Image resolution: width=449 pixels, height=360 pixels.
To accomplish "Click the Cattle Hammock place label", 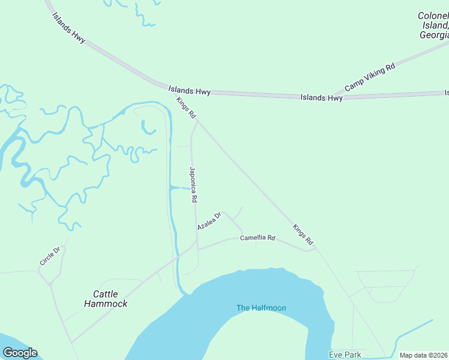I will point(106,299).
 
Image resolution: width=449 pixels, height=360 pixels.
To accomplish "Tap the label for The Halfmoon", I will point(261,308).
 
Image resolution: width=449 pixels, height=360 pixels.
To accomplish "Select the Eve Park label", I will point(345,355).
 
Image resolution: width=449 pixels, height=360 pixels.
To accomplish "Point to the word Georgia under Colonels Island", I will point(433,35).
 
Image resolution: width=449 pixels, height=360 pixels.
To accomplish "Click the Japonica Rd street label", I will point(193,184).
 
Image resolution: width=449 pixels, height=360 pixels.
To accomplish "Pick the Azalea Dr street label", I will point(209,220).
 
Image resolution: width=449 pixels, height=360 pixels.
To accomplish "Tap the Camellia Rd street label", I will point(258,238).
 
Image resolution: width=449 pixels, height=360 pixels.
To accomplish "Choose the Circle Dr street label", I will point(50,256).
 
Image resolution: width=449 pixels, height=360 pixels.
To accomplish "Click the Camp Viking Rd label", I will point(370,77).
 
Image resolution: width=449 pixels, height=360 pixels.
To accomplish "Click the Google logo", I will point(20,353).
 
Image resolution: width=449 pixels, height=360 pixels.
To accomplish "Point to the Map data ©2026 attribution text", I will point(423,355).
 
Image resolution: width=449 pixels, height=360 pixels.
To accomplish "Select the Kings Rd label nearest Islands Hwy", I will point(186,107).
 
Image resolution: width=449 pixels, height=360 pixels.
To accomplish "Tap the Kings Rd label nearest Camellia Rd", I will point(303,235).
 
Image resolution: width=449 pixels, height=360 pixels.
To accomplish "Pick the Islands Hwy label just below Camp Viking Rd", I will point(322,97).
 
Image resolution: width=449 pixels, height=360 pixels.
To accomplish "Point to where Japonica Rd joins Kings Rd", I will point(198,120).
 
